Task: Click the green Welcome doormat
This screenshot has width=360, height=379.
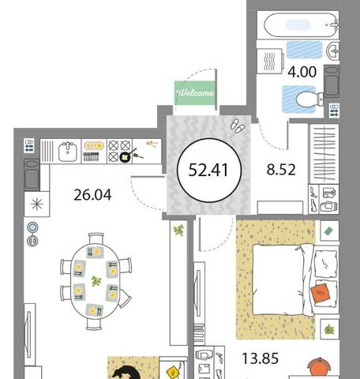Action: click(195, 92)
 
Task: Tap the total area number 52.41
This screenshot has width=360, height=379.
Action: click(208, 170)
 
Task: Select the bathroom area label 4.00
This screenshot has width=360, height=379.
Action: click(302, 72)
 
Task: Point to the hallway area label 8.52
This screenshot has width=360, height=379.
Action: click(281, 170)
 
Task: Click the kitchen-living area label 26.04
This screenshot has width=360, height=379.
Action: click(92, 195)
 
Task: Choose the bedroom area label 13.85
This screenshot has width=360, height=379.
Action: click(260, 358)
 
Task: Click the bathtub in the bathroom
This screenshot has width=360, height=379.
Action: click(301, 25)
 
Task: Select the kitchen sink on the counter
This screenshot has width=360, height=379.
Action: click(68, 152)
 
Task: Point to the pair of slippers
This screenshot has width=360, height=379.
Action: click(238, 126)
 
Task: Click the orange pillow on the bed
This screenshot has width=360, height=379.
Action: click(320, 292)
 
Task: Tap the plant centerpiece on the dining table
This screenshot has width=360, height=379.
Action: click(96, 281)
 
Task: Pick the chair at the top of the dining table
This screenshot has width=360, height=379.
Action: click(96, 238)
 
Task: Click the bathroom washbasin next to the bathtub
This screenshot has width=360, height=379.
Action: click(332, 51)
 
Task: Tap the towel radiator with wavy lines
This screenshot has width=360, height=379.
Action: click(269, 61)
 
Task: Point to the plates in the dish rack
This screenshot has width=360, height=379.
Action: click(94, 145)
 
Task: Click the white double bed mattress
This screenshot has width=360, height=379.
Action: click(279, 280)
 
